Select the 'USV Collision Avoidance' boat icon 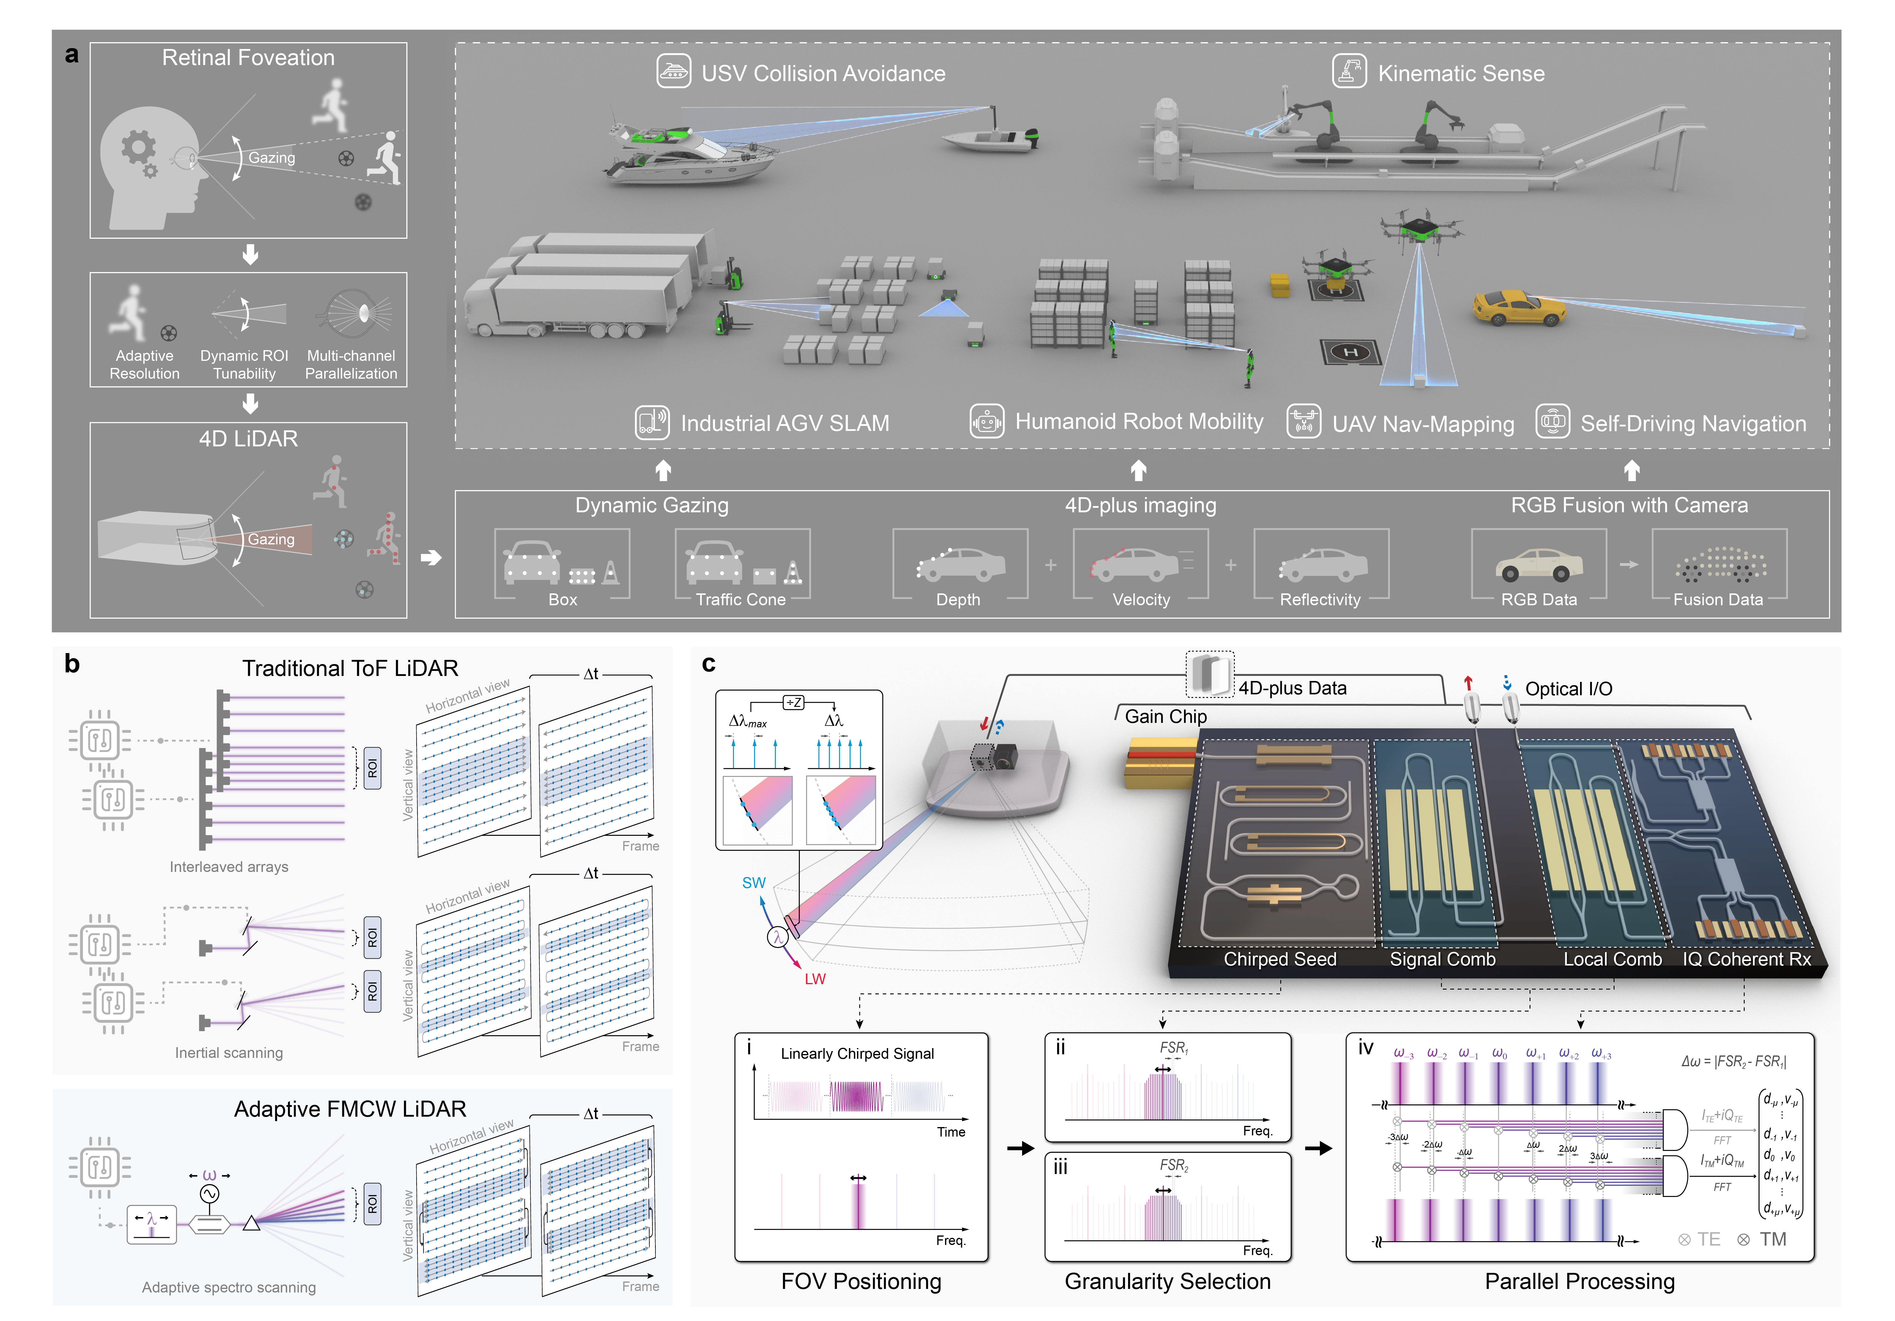click(674, 72)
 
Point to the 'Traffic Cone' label click(740, 600)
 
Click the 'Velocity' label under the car click(1141, 600)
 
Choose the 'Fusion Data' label click(1718, 600)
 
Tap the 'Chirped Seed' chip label click(1279, 959)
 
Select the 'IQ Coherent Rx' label click(1746, 959)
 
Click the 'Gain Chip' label click(1165, 716)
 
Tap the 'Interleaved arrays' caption click(228, 866)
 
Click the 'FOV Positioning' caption click(861, 1282)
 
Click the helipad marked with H click(1350, 352)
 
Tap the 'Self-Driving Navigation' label click(1693, 423)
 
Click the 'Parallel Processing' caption click(1580, 1282)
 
